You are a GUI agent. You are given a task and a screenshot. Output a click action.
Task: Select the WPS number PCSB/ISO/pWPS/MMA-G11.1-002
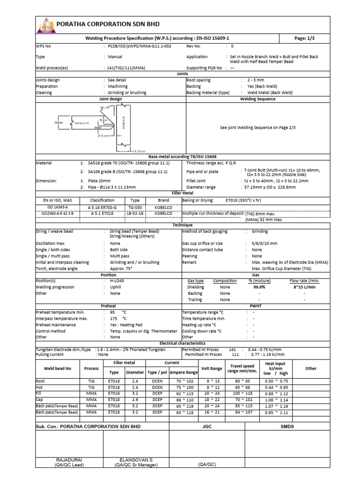[x=139, y=47]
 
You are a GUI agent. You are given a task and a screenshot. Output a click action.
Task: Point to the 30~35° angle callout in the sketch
[x=105, y=107]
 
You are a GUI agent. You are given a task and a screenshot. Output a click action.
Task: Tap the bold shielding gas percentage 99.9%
[x=259, y=287]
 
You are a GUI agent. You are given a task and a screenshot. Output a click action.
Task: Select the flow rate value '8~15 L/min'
[x=304, y=287]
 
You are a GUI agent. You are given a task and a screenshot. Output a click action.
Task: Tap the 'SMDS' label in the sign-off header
[x=287, y=427]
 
